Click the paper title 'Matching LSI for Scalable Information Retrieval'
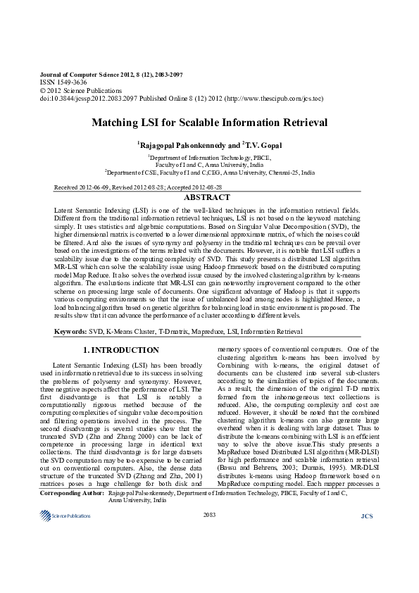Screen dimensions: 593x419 click(x=209, y=123)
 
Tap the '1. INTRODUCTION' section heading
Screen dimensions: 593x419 click(x=121, y=350)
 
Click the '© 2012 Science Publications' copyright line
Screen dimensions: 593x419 click(x=70, y=91)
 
